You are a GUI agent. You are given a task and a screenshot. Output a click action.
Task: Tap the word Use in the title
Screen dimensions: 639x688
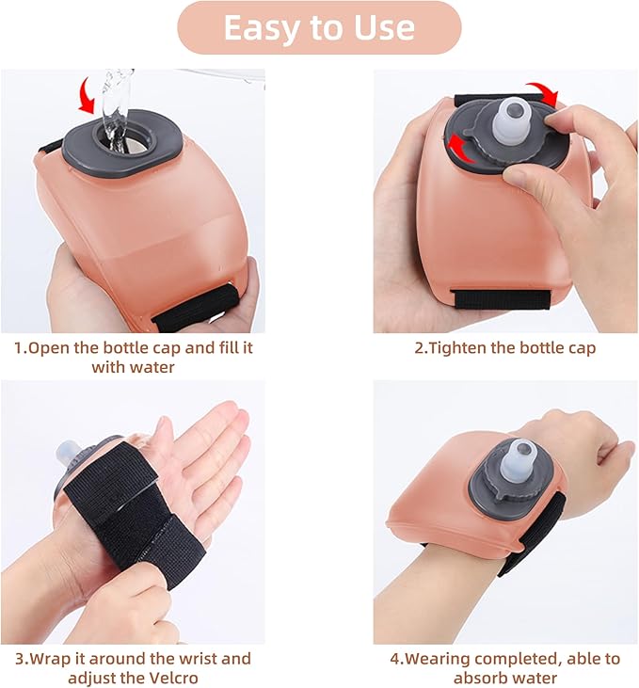[385, 27]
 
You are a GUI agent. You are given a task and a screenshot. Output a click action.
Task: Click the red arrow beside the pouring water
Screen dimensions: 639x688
[87, 95]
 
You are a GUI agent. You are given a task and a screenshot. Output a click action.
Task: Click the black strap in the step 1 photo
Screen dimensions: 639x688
[196, 308]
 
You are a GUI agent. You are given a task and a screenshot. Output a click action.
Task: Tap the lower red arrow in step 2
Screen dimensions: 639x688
[460, 149]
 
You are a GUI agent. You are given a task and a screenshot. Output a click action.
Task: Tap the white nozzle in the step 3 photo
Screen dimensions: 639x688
[68, 455]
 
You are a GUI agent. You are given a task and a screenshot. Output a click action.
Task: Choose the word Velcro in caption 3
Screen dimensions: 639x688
[174, 678]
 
